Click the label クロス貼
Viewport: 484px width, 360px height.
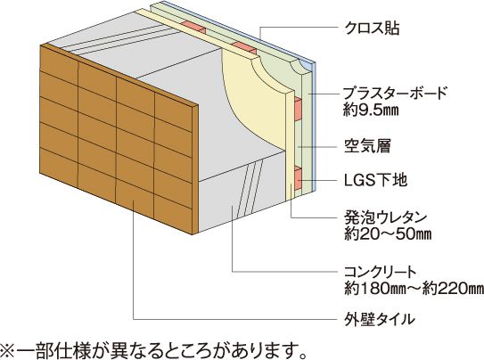pos(372,28)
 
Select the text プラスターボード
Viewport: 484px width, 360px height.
pos(396,93)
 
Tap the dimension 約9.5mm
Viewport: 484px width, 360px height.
pos(371,110)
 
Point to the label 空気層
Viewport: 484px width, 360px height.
pos(367,145)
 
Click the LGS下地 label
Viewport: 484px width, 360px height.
pos(375,180)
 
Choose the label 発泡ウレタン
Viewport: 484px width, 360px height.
pos(386,217)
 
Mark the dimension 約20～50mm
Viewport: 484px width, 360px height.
pos(388,234)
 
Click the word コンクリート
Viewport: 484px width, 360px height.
pos(381,272)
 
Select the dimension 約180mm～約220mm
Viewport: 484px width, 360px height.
pos(414,289)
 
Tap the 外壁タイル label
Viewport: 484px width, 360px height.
pos(380,319)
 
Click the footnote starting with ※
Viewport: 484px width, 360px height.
pos(153,349)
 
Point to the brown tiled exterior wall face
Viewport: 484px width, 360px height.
pos(116,137)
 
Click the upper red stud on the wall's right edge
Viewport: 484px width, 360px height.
pos(298,109)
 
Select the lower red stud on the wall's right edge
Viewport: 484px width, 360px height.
pos(298,178)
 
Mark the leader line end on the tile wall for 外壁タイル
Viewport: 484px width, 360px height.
pos(134,200)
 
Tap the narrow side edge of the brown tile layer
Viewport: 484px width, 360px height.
pos(195,169)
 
